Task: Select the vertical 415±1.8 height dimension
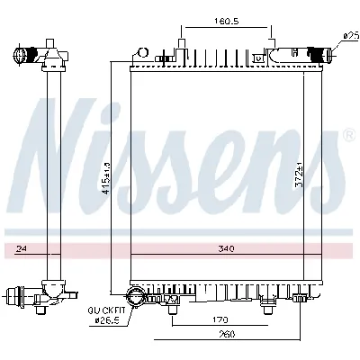pos(106,177)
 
